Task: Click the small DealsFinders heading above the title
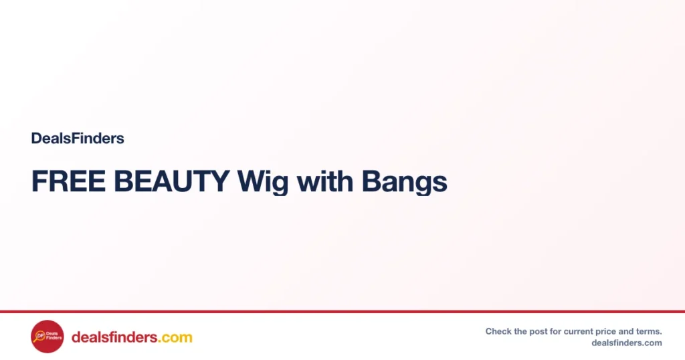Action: (78, 138)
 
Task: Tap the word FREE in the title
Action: (68, 181)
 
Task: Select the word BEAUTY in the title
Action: (172, 181)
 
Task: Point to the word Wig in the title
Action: (262, 183)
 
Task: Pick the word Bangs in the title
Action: (405, 183)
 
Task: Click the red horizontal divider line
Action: (342, 312)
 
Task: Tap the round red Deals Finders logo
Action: (47, 337)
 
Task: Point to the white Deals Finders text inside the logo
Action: (54, 335)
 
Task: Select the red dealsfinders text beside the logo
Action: (114, 337)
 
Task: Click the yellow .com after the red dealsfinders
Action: (175, 338)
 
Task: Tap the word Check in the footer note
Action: (498, 331)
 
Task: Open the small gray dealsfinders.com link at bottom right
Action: (627, 343)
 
